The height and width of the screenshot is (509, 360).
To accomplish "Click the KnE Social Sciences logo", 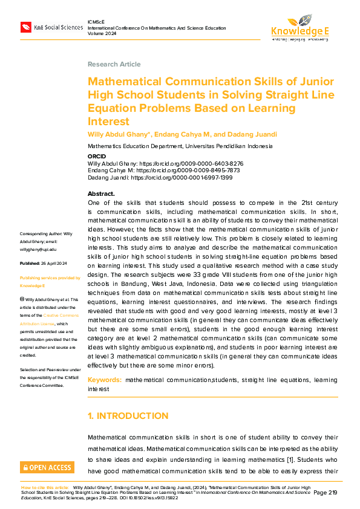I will point(51,28).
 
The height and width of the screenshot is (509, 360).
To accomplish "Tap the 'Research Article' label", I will point(114,64).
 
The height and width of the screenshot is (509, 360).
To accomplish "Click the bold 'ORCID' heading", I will point(97,157).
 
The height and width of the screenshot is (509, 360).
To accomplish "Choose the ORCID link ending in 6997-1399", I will point(182,178).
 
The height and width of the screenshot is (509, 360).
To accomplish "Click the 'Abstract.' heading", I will point(101,194).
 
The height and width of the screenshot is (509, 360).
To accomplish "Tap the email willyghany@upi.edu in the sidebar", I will point(39,248).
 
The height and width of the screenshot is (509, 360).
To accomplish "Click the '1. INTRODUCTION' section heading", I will point(128,416).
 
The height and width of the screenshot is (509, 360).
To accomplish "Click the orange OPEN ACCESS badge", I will point(47,467).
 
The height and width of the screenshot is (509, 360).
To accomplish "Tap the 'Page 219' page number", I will point(326,493).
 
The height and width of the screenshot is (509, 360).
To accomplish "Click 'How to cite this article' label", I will point(45,487).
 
